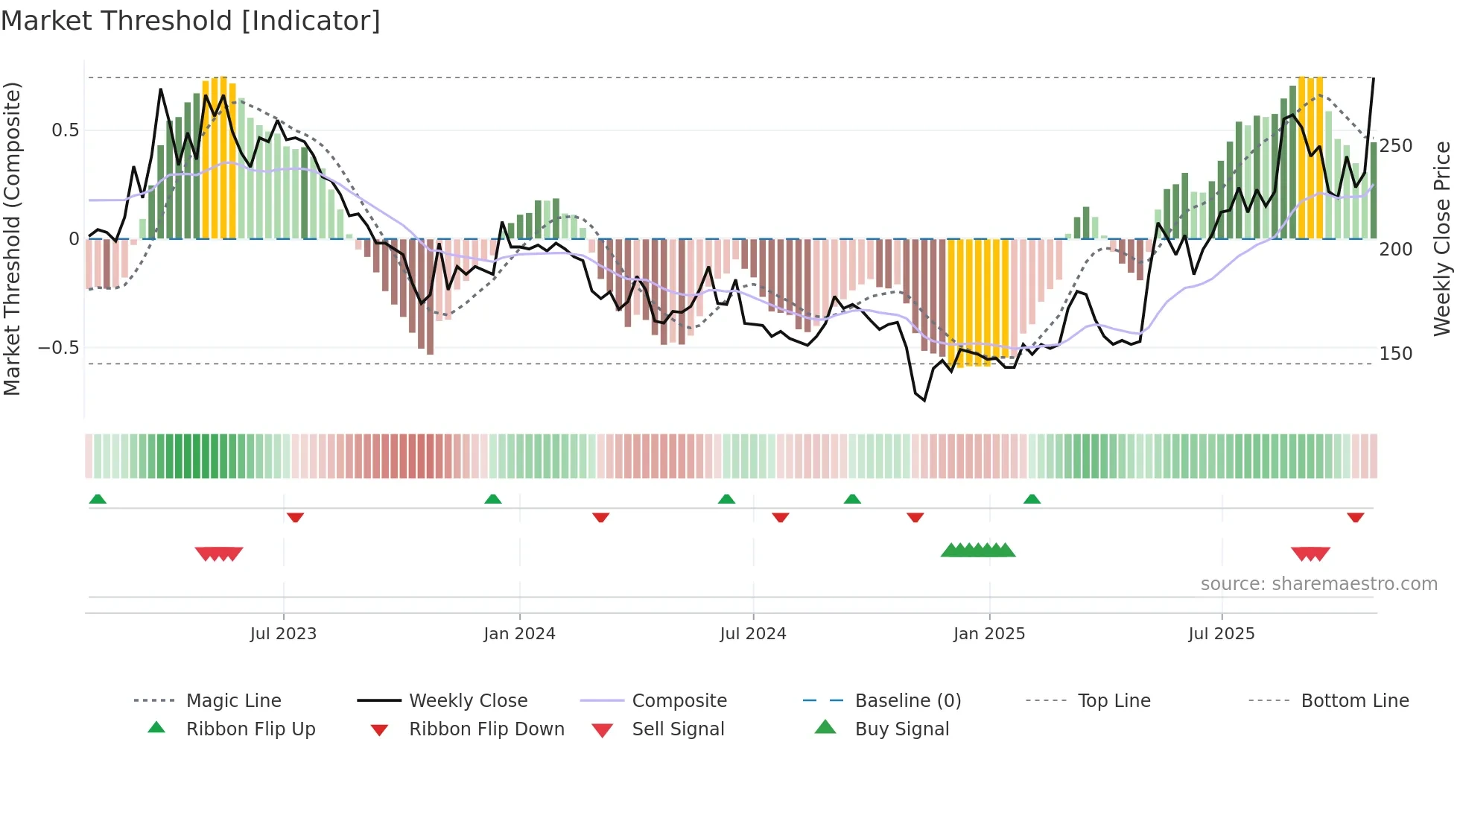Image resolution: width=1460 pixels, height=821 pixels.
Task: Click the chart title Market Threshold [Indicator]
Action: [x=191, y=21]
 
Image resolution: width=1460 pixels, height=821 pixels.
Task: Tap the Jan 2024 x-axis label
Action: [x=519, y=634]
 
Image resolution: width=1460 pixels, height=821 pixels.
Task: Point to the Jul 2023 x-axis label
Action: [x=283, y=634]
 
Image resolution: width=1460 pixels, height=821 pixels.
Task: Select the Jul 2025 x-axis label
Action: [x=1221, y=634]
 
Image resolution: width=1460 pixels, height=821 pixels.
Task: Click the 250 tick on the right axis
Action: [x=1395, y=146]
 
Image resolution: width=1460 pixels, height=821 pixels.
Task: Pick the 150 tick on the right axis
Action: [x=1395, y=354]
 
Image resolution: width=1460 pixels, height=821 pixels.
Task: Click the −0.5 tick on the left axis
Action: [x=58, y=348]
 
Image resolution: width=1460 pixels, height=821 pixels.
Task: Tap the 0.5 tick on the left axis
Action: [x=65, y=130]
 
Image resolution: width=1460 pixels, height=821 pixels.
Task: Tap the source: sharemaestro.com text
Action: [x=1318, y=584]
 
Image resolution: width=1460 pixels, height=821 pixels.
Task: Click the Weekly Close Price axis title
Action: [x=1442, y=238]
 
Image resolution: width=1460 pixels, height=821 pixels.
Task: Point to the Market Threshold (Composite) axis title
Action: [x=12, y=238]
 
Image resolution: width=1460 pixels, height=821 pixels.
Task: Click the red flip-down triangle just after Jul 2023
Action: [x=295, y=517]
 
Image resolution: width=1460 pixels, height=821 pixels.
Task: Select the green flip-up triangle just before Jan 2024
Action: [x=492, y=499]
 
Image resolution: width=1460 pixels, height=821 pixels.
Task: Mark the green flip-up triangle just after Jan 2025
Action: [x=1032, y=499]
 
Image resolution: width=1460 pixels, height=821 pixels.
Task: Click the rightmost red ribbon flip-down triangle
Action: [x=1355, y=517]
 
